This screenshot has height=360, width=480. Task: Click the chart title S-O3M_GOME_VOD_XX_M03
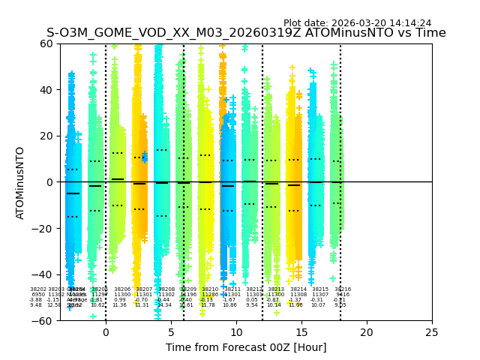click(x=246, y=33)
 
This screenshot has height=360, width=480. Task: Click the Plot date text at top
click(x=357, y=23)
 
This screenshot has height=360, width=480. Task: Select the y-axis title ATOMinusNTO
click(x=21, y=182)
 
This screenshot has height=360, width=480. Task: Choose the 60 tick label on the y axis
click(x=46, y=43)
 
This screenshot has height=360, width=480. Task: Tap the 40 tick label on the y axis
click(x=46, y=90)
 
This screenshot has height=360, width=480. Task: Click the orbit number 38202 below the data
click(x=38, y=289)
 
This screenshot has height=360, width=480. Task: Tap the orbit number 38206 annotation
click(x=122, y=289)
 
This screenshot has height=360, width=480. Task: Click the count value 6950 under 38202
click(x=38, y=295)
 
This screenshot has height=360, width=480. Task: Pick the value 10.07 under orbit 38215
click(x=319, y=305)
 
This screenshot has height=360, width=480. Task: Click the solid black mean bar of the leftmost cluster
click(x=72, y=193)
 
